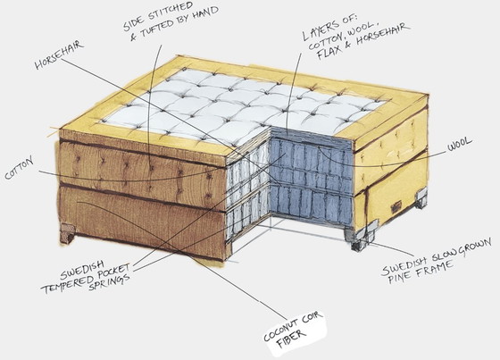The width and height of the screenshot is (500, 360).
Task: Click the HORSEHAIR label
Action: pyautogui.click(x=59, y=54)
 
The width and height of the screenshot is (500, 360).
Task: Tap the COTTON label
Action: pyautogui.click(x=19, y=168)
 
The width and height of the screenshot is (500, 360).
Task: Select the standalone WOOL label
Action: pyautogui.click(x=459, y=144)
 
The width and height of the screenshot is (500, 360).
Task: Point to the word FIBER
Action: pyautogui.click(x=291, y=339)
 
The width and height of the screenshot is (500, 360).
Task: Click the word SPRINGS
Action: pyautogui.click(x=109, y=281)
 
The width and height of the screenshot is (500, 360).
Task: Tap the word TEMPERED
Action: pyautogui.click(x=65, y=284)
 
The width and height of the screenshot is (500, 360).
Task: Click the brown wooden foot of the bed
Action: pyautogui.click(x=68, y=233)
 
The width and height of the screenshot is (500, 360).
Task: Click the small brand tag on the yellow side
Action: pyautogui.click(x=396, y=208)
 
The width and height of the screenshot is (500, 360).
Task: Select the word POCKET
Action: pyautogui.click(x=112, y=272)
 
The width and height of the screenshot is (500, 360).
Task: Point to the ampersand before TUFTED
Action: pyautogui.click(x=134, y=38)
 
